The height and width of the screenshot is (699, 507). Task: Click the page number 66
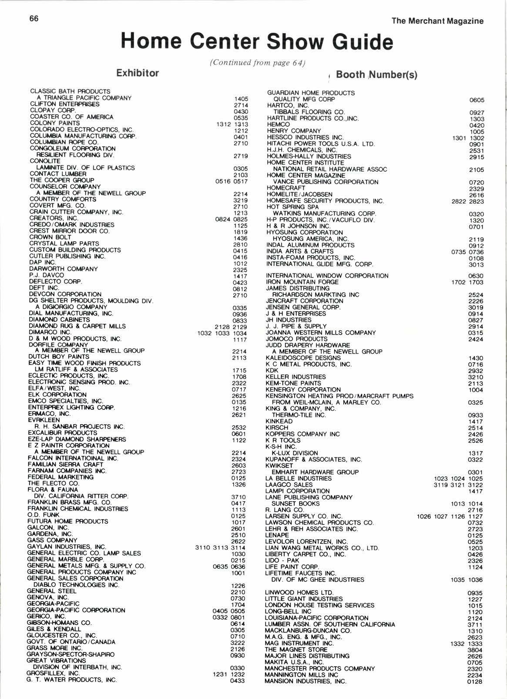point(34,18)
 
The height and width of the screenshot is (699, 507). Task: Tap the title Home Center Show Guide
point(257,42)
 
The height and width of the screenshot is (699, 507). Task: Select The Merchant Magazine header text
point(437,21)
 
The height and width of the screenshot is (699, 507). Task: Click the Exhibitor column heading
point(138,73)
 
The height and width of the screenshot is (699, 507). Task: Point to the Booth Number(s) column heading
point(376,75)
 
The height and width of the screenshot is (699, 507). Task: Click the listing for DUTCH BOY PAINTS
point(59,357)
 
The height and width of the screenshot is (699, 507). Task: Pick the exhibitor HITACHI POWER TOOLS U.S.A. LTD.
point(321,144)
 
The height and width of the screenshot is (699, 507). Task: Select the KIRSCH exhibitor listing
point(277,428)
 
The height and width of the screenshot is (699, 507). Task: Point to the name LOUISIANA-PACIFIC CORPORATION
point(317,618)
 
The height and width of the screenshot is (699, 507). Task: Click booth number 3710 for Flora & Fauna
point(238,497)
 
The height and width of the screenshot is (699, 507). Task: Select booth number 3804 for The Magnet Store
point(475,650)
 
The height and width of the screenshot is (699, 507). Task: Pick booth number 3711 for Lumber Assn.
point(475,625)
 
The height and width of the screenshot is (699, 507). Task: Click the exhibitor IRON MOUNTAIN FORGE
point(302,282)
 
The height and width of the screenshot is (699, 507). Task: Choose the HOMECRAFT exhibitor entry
point(286,188)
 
